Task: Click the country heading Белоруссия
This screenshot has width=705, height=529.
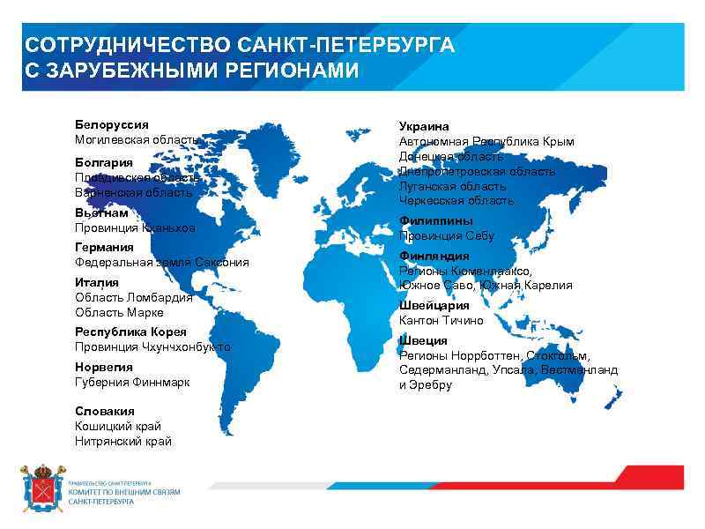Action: [x=111, y=125]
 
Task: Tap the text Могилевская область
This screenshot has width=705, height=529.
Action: [x=137, y=139]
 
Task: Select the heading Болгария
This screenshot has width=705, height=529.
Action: [x=104, y=162]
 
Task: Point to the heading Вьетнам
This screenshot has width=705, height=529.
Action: [x=101, y=212]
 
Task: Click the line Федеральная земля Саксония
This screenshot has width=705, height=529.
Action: [x=161, y=263]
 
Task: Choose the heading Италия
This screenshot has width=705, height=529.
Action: [x=97, y=282]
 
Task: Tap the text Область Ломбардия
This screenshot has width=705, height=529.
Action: [x=133, y=297]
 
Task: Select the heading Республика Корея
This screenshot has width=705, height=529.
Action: [x=130, y=332]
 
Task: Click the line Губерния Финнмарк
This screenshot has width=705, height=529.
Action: [x=132, y=382]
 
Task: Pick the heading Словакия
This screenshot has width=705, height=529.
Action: [x=105, y=411]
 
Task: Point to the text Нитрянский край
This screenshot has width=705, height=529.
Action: [x=123, y=441]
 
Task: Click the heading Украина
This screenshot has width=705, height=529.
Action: [x=424, y=127]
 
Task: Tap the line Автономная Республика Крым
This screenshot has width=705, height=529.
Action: [x=486, y=141]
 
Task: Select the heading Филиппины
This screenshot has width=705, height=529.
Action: [x=435, y=221]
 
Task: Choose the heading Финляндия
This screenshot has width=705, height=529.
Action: [x=434, y=257]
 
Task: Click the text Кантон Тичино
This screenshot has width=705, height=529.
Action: [x=442, y=320]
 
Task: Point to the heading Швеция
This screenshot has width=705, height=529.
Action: [x=423, y=340]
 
